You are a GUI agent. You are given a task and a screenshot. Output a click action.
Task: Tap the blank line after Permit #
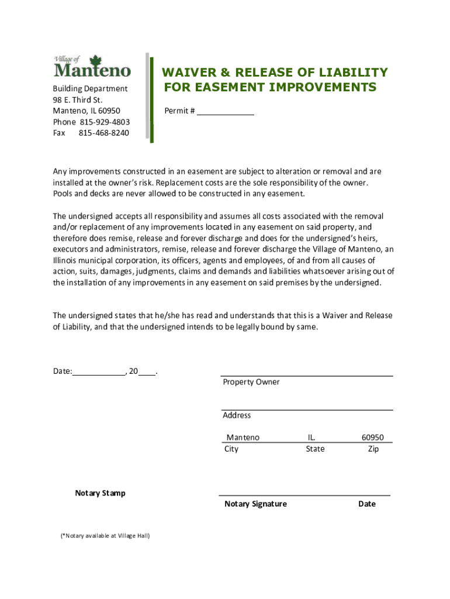click(225, 110)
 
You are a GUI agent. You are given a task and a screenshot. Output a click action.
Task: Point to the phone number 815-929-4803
click(104, 122)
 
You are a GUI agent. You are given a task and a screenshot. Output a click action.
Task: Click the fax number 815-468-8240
click(104, 133)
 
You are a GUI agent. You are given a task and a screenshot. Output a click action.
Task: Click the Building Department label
click(90, 88)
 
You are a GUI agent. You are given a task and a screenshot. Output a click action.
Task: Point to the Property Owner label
click(251, 382)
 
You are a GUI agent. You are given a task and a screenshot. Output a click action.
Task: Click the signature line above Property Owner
click(307, 375)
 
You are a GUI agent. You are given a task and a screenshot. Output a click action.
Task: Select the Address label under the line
click(237, 415)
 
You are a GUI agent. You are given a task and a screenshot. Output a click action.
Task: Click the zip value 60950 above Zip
click(373, 438)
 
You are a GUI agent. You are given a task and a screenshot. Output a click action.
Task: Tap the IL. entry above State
click(312, 438)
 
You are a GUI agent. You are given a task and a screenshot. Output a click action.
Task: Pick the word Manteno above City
click(243, 438)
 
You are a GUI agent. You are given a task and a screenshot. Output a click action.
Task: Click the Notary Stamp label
click(100, 493)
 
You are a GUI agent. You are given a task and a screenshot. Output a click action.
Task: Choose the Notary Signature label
click(255, 504)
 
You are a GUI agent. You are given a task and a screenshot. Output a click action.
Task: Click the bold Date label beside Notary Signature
click(367, 504)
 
